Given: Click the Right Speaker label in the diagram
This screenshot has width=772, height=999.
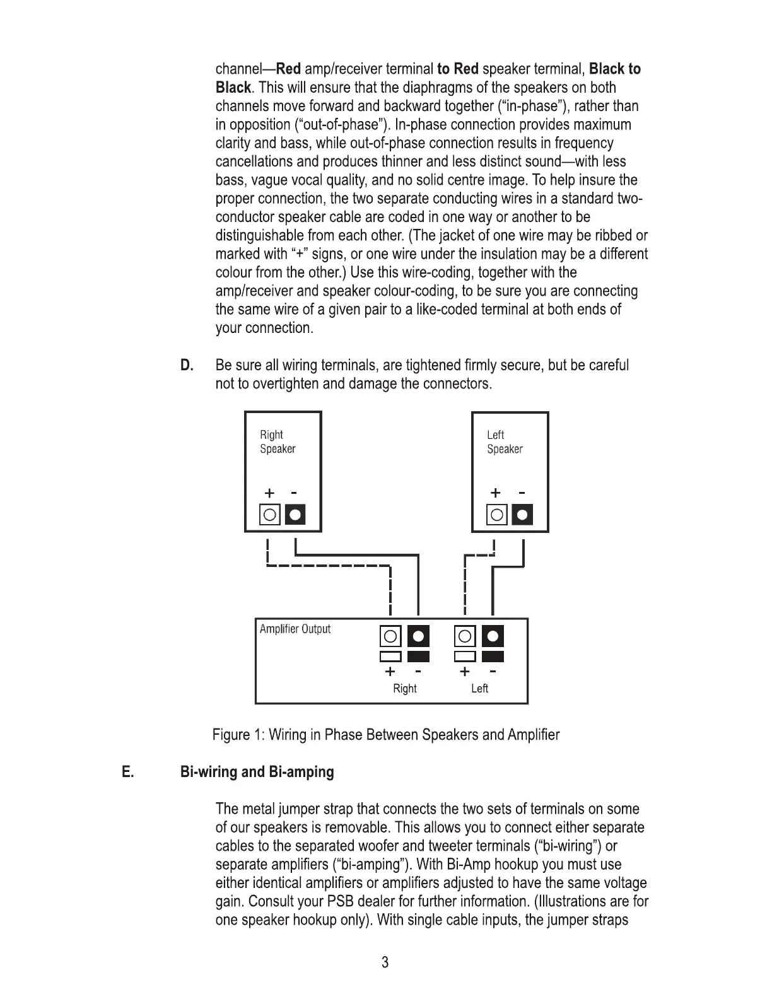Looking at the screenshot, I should tap(277, 441).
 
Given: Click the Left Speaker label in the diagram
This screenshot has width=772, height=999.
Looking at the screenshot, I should tap(504, 441).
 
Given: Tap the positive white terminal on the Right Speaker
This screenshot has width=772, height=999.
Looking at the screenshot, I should tap(270, 515).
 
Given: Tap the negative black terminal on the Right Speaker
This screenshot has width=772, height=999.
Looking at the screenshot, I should tap(295, 515).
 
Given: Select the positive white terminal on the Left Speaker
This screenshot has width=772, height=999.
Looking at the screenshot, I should tap(497, 515).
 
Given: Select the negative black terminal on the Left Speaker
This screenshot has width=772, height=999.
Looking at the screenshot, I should tap(522, 515).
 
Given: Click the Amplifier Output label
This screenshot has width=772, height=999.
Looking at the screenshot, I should tap(295, 629).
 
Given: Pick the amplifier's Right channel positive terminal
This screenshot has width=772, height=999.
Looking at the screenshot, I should tap(390, 636).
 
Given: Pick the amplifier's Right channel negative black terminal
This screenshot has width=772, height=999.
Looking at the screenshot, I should tap(419, 636).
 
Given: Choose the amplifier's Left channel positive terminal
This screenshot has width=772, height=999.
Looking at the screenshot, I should tap(465, 636).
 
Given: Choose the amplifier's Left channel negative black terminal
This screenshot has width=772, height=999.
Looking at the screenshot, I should tap(493, 636).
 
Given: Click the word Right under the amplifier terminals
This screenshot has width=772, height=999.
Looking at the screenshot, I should tap(404, 688).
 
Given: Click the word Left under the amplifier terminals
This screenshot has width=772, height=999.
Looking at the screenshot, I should tap(479, 688).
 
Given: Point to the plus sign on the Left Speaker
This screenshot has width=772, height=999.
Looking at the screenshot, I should tap(496, 493).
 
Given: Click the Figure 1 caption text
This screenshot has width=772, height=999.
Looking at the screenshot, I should tap(385, 735).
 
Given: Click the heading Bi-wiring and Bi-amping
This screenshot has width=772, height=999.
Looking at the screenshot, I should tap(257, 772).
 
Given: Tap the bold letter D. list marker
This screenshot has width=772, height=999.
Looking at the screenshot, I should tap(187, 365).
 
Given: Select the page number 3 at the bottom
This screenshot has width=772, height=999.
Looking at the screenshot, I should tap(385, 962).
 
